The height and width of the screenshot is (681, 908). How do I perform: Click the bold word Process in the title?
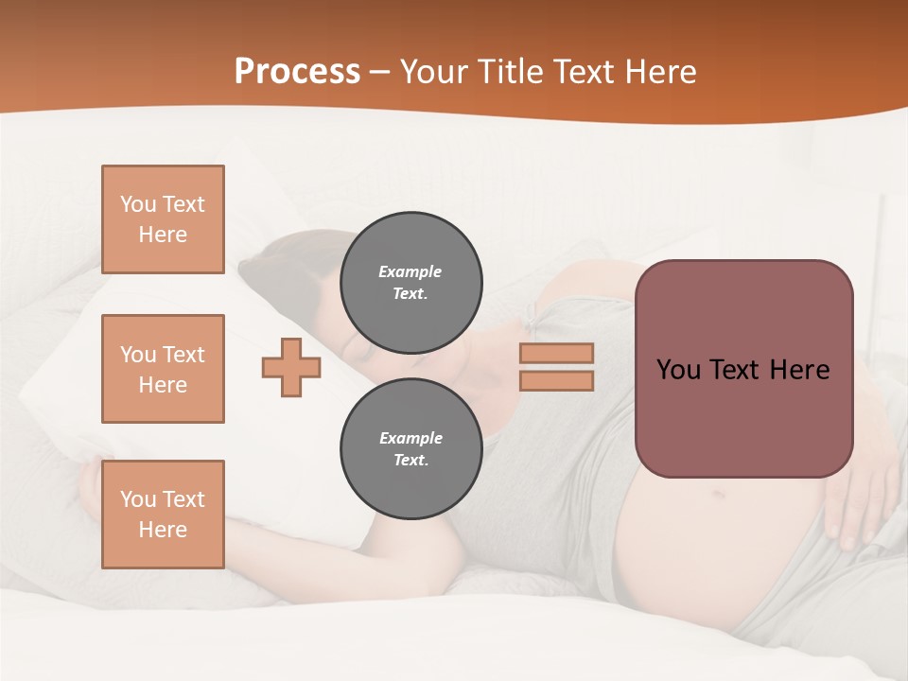pos(297,71)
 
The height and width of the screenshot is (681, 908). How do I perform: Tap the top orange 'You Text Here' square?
pos(163,219)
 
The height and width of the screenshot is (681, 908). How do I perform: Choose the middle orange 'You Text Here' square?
pos(163,369)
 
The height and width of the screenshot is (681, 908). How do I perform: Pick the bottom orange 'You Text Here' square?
pos(163,515)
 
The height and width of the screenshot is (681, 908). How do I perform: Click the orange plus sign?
pos(291,367)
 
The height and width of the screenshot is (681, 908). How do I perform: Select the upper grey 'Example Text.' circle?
pos(410,282)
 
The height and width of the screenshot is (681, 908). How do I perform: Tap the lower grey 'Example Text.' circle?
pos(410,448)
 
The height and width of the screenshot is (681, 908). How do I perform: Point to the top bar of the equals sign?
pos(556,353)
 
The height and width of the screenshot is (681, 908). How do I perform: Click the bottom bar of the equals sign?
pos(556,380)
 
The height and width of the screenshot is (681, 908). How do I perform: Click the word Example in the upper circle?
pos(410,271)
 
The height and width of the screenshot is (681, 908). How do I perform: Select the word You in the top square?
pos(138,204)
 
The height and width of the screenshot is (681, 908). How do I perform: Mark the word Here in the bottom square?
pos(163,530)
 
